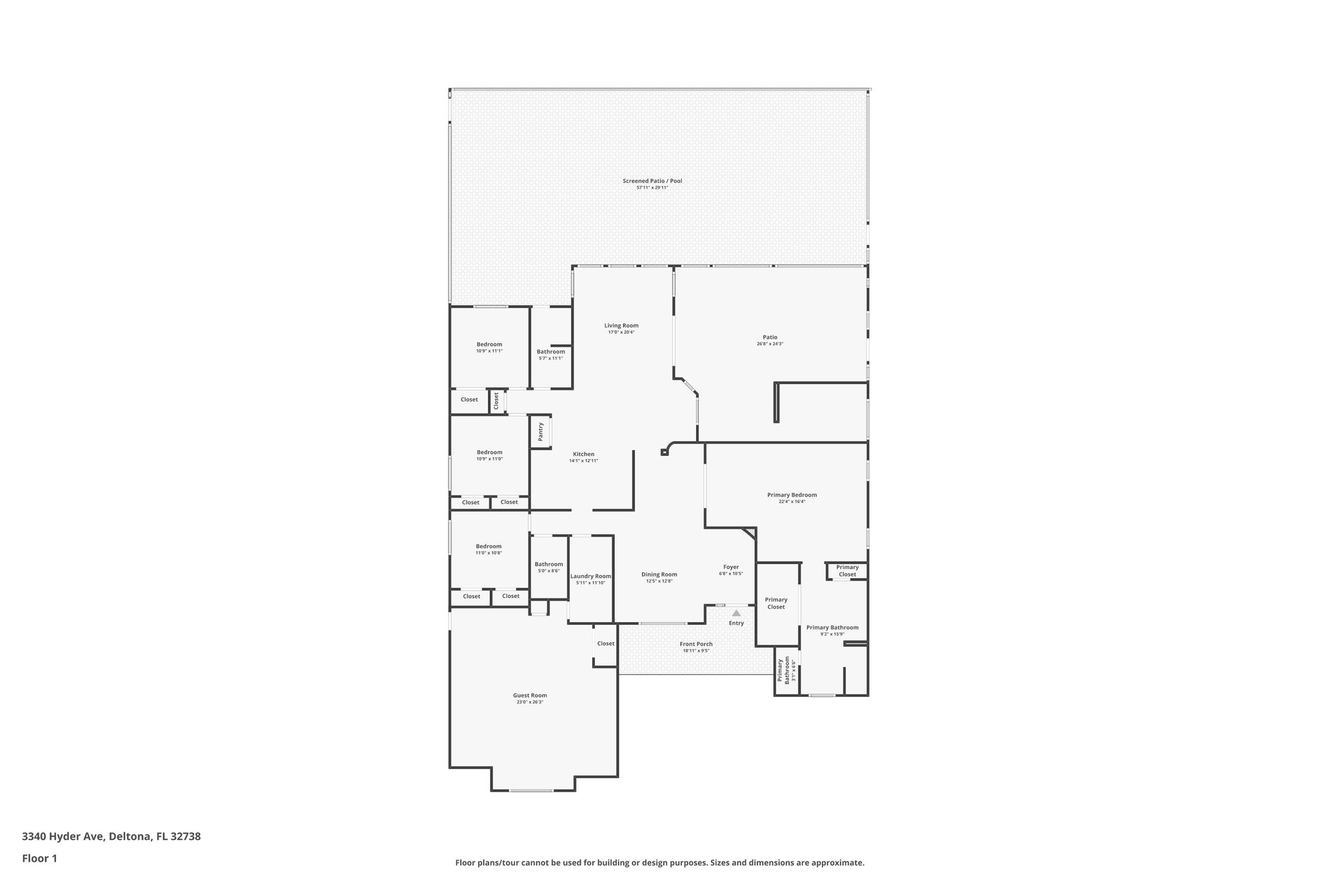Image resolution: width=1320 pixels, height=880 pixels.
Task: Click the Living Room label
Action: click(621, 326)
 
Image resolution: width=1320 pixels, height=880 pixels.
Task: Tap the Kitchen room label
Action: click(583, 455)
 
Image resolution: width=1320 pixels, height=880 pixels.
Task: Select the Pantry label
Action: click(541, 432)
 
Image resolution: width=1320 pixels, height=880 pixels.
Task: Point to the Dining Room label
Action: click(659, 574)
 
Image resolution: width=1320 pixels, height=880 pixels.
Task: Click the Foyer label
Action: click(731, 567)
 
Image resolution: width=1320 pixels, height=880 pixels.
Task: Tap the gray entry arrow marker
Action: click(736, 613)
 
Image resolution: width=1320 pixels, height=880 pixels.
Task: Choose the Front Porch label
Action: click(696, 644)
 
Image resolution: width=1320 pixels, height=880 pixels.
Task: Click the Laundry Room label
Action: click(590, 576)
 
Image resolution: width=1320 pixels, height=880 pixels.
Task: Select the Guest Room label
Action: click(530, 696)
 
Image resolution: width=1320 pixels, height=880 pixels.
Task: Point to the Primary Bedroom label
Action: click(791, 495)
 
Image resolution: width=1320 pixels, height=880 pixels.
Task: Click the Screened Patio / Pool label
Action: click(652, 181)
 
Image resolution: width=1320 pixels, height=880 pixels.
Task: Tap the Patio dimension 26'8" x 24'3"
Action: click(770, 344)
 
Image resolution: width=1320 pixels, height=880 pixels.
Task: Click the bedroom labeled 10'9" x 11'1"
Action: click(489, 347)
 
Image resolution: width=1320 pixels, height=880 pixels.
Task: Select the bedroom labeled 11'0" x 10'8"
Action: click(489, 549)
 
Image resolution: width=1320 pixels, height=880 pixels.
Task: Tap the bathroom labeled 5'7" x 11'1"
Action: click(550, 355)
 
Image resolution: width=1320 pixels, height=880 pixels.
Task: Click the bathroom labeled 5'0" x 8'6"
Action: click(548, 567)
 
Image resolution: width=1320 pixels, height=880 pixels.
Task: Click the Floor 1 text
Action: click(39, 858)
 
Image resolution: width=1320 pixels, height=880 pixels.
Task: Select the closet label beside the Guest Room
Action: click(605, 643)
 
